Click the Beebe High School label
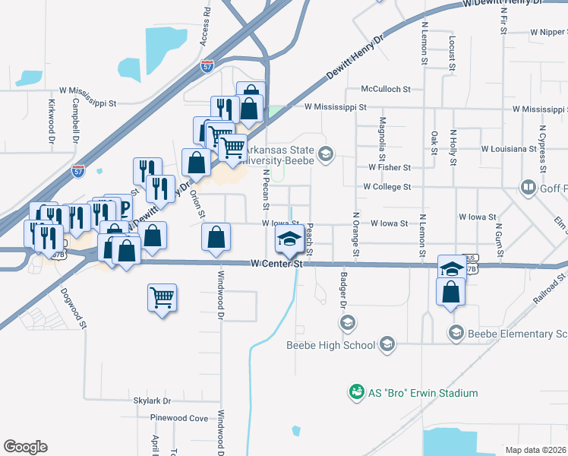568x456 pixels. (330, 345)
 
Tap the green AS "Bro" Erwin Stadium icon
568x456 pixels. (355, 392)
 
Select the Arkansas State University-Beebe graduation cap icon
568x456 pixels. (326, 155)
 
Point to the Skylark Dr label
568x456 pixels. (153, 401)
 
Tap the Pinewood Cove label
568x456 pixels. (179, 418)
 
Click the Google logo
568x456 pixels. (25, 447)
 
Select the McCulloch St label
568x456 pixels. (386, 89)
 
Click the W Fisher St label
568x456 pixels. (389, 167)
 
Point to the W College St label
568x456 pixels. (387, 186)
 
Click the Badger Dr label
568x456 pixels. (343, 290)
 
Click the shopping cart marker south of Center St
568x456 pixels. (163, 297)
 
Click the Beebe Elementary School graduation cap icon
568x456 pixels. (456, 331)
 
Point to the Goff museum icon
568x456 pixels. (528, 187)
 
